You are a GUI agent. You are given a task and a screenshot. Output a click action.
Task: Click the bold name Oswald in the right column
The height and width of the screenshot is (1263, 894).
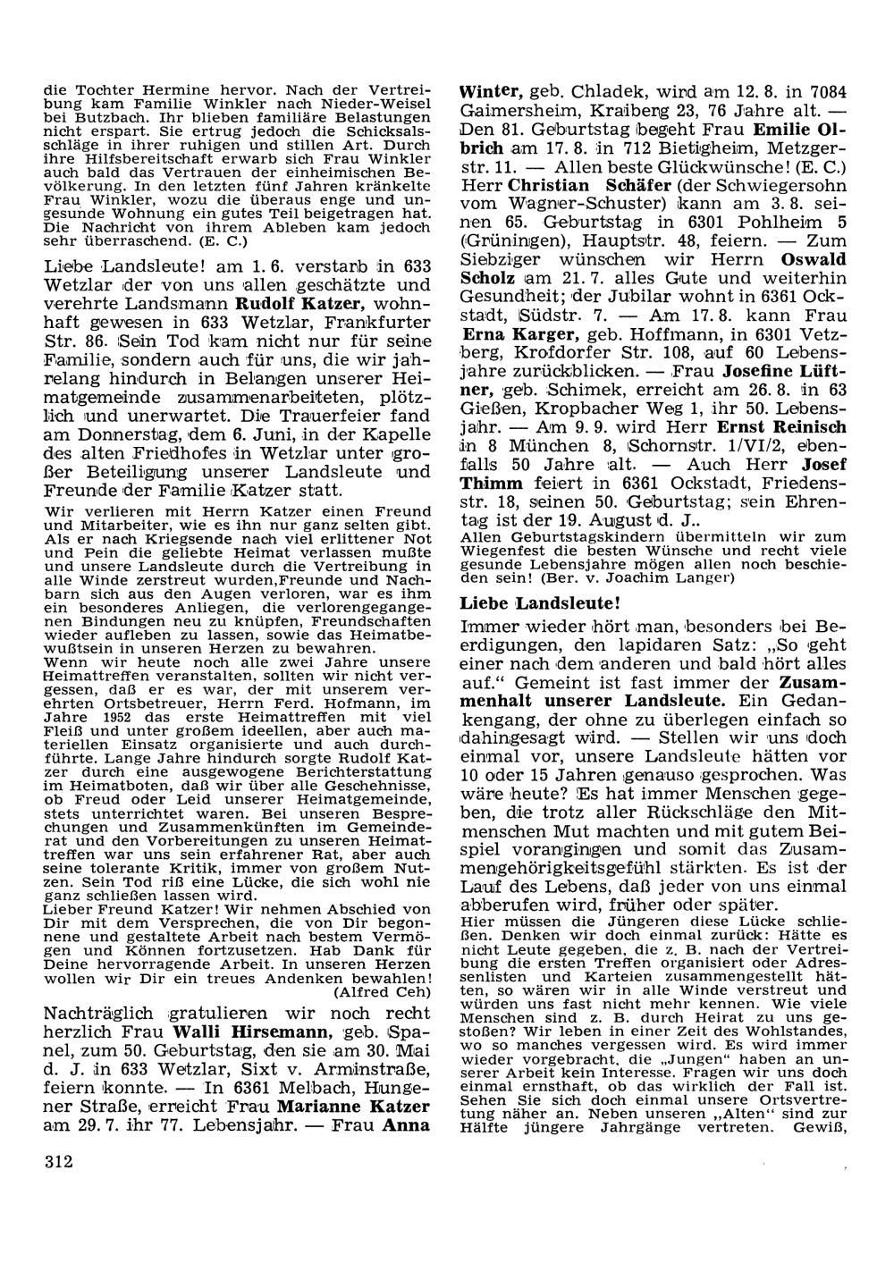pos(814,260)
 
